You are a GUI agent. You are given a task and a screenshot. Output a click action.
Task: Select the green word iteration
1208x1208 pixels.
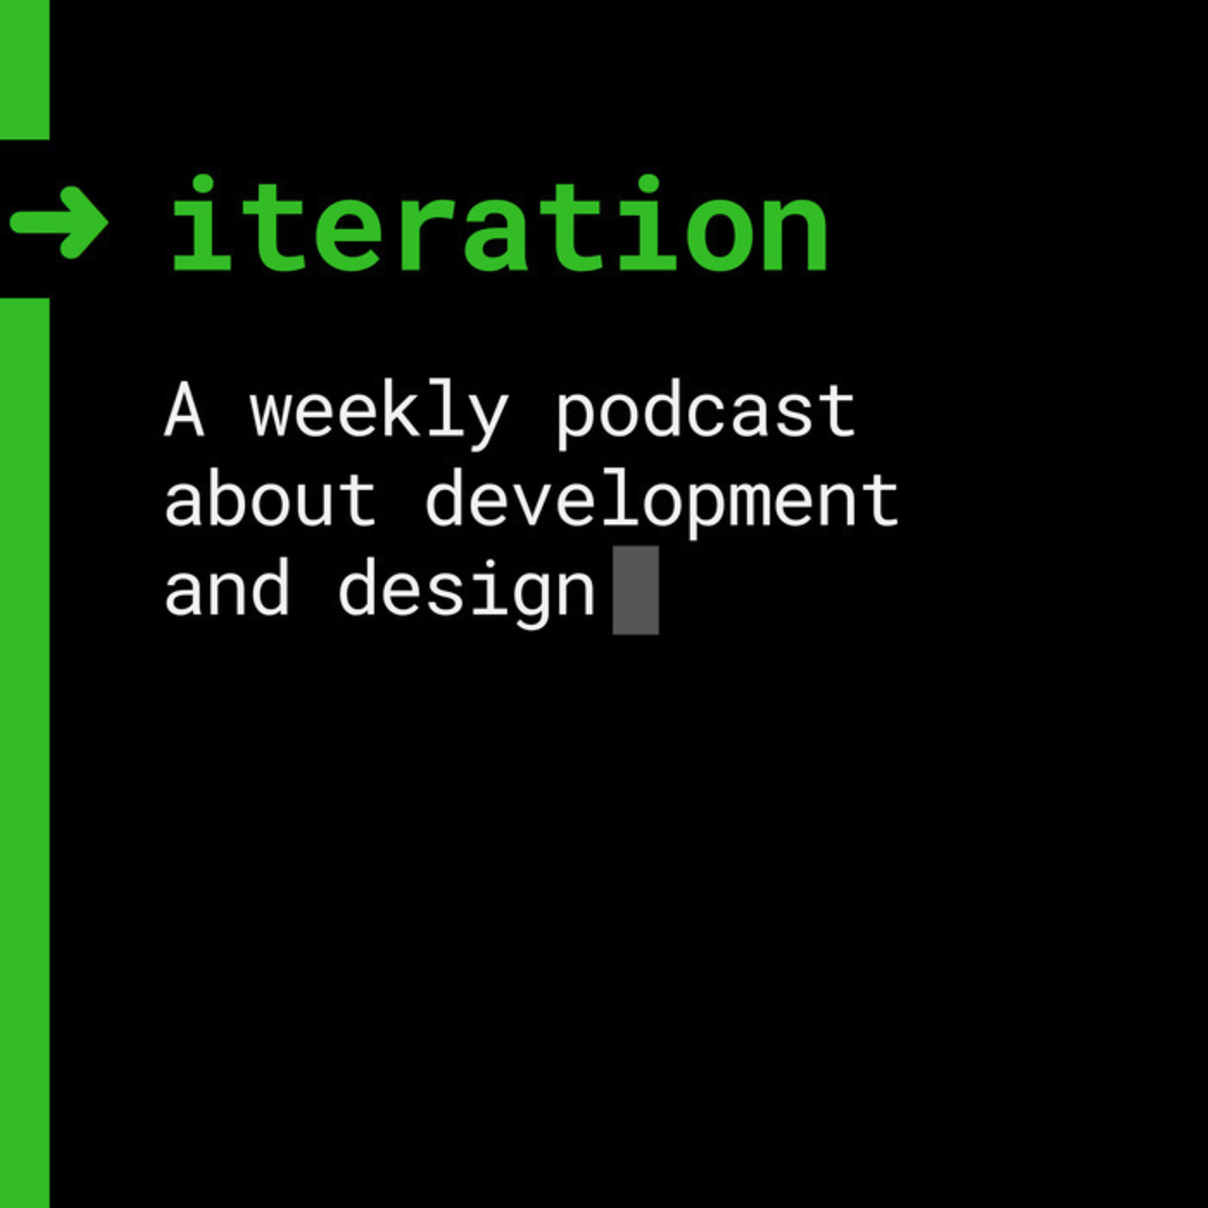coord(500,223)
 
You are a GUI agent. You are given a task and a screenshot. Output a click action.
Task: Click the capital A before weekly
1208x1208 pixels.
coord(184,410)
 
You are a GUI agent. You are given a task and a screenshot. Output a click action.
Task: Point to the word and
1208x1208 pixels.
coord(226,588)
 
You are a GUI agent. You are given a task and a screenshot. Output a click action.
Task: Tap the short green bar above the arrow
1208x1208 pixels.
coord(25,69)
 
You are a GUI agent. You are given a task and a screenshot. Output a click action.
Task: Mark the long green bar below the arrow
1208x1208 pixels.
coord(25,753)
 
